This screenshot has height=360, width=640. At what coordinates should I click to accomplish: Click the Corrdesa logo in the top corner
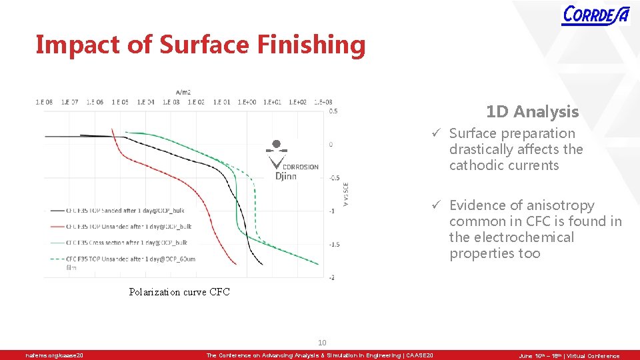[595, 15]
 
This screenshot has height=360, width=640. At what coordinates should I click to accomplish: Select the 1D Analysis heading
[532, 111]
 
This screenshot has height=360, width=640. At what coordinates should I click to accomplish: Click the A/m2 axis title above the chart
[183, 92]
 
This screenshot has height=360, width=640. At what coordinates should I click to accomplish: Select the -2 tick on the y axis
[332, 277]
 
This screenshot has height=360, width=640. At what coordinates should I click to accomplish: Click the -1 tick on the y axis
[332, 211]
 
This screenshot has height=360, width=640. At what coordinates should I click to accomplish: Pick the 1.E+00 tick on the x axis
[245, 102]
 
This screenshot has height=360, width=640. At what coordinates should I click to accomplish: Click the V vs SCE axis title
[346, 194]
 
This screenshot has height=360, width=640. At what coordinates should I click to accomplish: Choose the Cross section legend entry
[127, 243]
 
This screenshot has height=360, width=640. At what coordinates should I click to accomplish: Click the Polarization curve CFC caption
[179, 292]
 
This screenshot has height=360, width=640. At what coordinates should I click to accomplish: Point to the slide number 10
[322, 343]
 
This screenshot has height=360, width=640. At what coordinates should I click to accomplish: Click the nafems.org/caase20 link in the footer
[55, 356]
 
